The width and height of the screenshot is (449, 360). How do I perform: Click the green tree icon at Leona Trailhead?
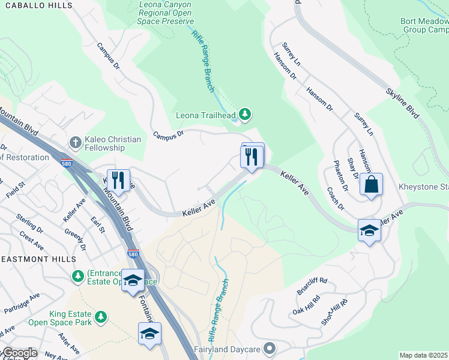(244, 113)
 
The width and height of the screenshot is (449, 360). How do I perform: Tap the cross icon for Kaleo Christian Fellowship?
(75, 142)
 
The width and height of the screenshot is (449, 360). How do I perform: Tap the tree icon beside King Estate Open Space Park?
(101, 316)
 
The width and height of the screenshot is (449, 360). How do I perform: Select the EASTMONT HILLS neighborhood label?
(38, 259)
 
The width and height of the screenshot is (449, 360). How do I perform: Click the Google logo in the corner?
(19, 353)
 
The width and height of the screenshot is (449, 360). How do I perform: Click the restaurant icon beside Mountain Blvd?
(118, 179)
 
